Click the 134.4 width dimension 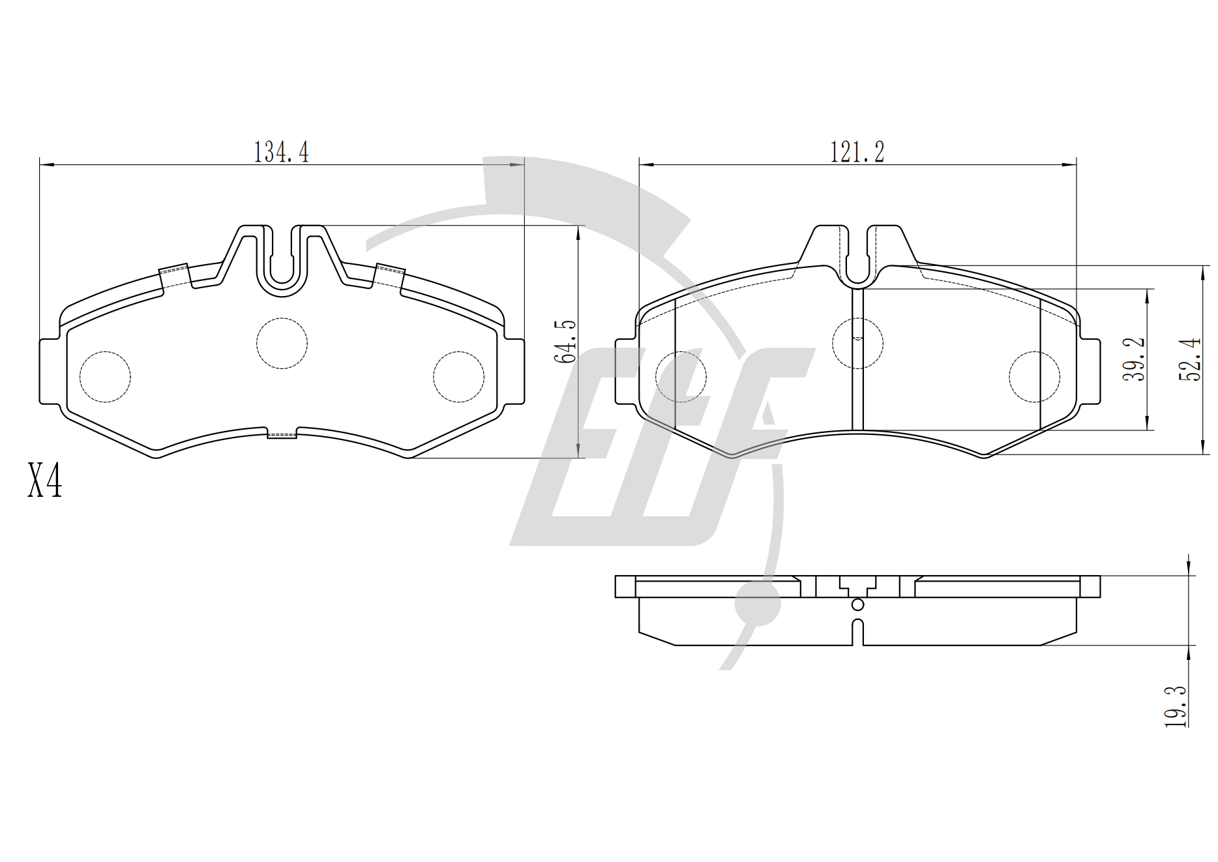click(x=280, y=152)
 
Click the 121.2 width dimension click(x=857, y=152)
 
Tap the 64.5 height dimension click(x=565, y=341)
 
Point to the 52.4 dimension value click(x=1191, y=359)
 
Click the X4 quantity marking click(x=45, y=481)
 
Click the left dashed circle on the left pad click(x=105, y=377)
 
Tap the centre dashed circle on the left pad click(x=282, y=343)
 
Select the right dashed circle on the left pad click(x=459, y=377)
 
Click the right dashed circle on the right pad click(x=1034, y=377)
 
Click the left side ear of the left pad click(x=50, y=372)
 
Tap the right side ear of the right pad click(x=1090, y=372)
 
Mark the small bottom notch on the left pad click(x=282, y=433)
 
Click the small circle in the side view click(x=858, y=605)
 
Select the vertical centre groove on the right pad click(x=858, y=359)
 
